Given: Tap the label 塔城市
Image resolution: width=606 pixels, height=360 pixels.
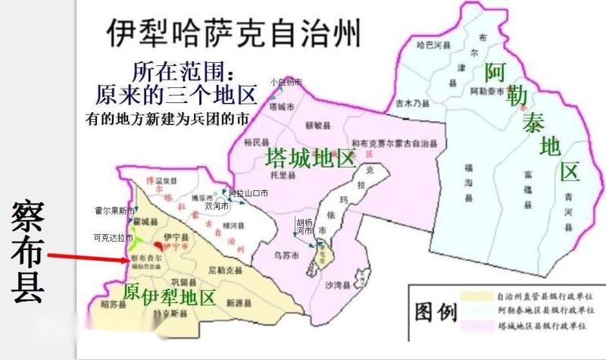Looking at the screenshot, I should click(281, 108).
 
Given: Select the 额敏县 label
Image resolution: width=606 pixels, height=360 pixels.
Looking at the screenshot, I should click(314, 122).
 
